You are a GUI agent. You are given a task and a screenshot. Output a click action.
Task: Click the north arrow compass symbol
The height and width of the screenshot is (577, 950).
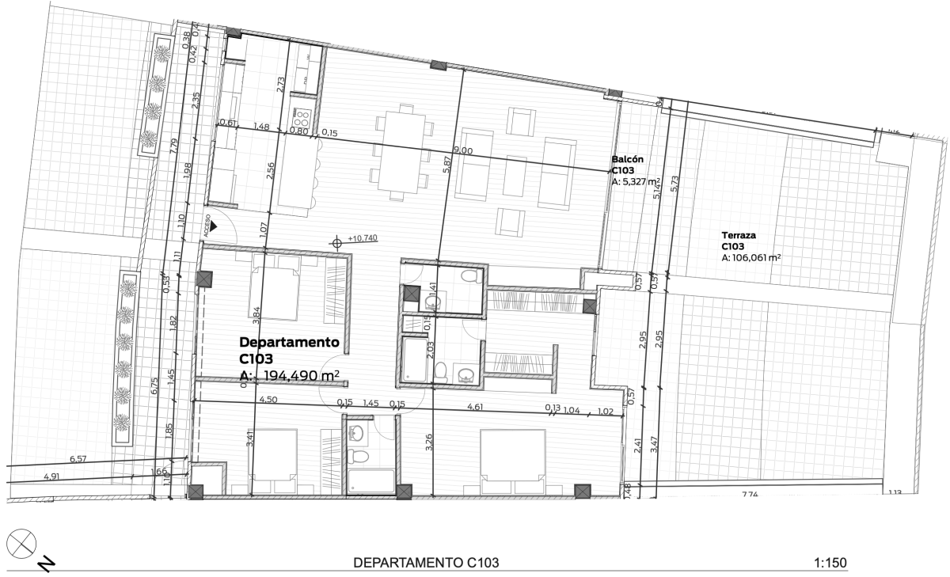click(x=21, y=545)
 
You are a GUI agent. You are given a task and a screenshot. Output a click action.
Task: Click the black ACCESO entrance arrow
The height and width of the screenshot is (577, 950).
click(x=212, y=226)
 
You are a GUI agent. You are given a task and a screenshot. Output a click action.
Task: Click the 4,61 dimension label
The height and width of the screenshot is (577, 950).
click(x=475, y=407)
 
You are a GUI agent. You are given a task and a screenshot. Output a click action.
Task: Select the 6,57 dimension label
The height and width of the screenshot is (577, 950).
click(x=77, y=458)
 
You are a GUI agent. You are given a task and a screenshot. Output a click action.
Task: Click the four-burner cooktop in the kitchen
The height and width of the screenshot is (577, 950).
click(x=301, y=119)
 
